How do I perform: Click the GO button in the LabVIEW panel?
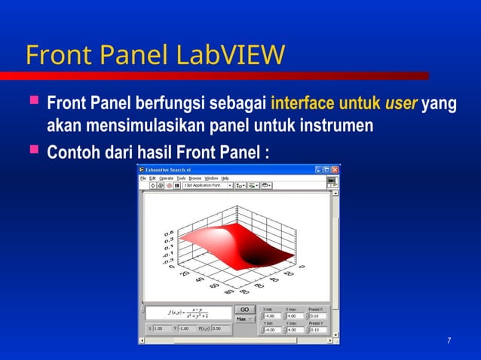pyautogui.click(x=244, y=310)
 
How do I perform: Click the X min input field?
pyautogui.click(x=273, y=316)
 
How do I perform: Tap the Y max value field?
pyautogui.click(x=296, y=330)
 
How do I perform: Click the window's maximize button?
pyautogui.click(x=327, y=169)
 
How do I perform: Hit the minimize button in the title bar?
pyautogui.click(x=319, y=169)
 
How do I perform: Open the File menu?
pyautogui.click(x=142, y=178)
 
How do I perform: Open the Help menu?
pyautogui.click(x=225, y=178)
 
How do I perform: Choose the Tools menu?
pyautogui.click(x=181, y=178)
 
